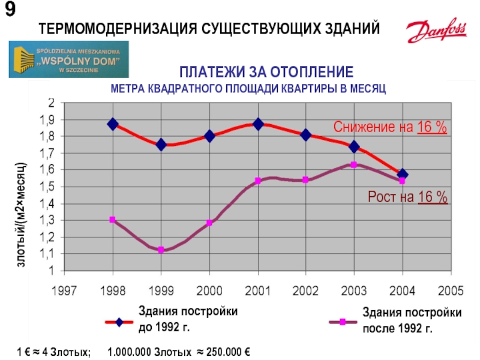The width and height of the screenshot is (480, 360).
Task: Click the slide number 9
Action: [11, 10]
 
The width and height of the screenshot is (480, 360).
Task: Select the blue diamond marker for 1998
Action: [113, 124]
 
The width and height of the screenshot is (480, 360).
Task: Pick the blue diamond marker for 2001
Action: [258, 124]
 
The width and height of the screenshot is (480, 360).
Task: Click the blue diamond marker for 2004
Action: [403, 175]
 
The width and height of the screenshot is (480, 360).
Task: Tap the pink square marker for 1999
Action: [161, 250]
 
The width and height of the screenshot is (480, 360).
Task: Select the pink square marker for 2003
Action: [354, 164]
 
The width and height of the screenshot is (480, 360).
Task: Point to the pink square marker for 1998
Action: [113, 220]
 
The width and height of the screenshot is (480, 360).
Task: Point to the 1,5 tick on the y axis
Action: [47, 187]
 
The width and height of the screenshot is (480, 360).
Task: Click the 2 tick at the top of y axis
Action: [52, 103]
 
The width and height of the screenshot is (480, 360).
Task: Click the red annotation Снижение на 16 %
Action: [391, 127]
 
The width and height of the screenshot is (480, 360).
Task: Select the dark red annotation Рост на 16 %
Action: [407, 197]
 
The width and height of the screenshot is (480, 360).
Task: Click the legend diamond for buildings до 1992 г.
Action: [119, 322]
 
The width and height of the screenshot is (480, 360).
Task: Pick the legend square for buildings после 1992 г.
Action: [343, 322]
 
